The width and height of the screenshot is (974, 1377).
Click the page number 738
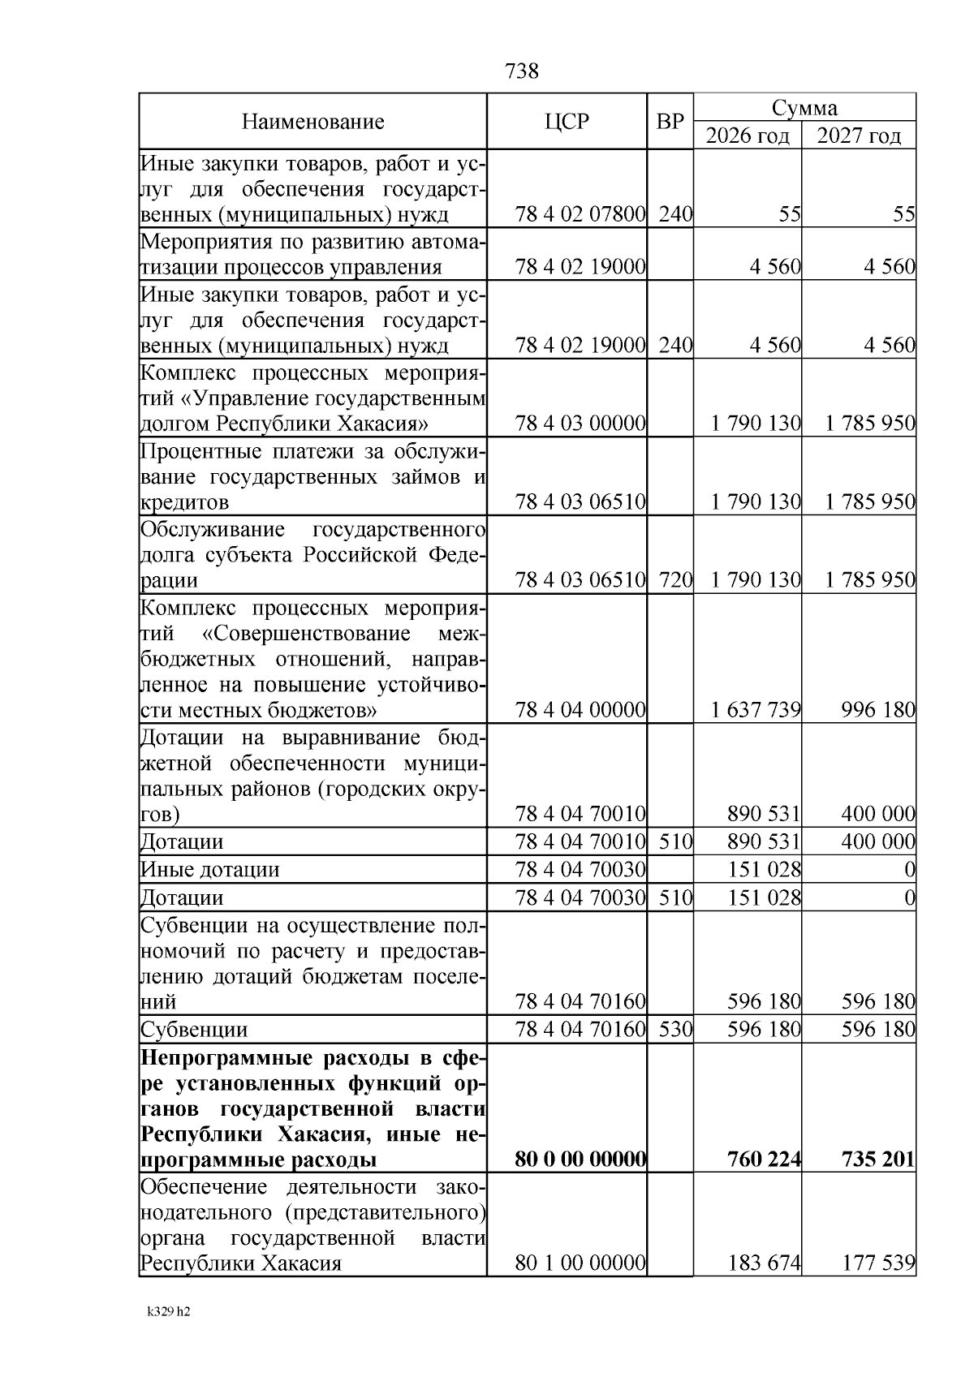point(521,71)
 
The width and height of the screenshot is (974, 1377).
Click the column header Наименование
point(312,123)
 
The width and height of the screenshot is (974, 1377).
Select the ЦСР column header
point(567,123)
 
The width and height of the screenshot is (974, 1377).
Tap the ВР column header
point(670,123)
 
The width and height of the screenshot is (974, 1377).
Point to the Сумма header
point(804,108)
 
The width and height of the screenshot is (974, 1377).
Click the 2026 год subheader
point(747,136)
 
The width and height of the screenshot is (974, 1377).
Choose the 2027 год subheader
point(859,136)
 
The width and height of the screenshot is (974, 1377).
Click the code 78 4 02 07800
point(580,215)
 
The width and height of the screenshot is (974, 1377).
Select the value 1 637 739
point(756,711)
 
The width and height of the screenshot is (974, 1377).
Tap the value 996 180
point(878,711)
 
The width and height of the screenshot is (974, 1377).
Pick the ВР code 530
point(675,1030)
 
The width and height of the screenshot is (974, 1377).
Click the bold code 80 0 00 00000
point(580,1160)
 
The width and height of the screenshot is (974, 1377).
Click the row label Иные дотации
point(210,870)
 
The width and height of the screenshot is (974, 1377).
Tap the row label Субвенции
point(195,1030)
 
